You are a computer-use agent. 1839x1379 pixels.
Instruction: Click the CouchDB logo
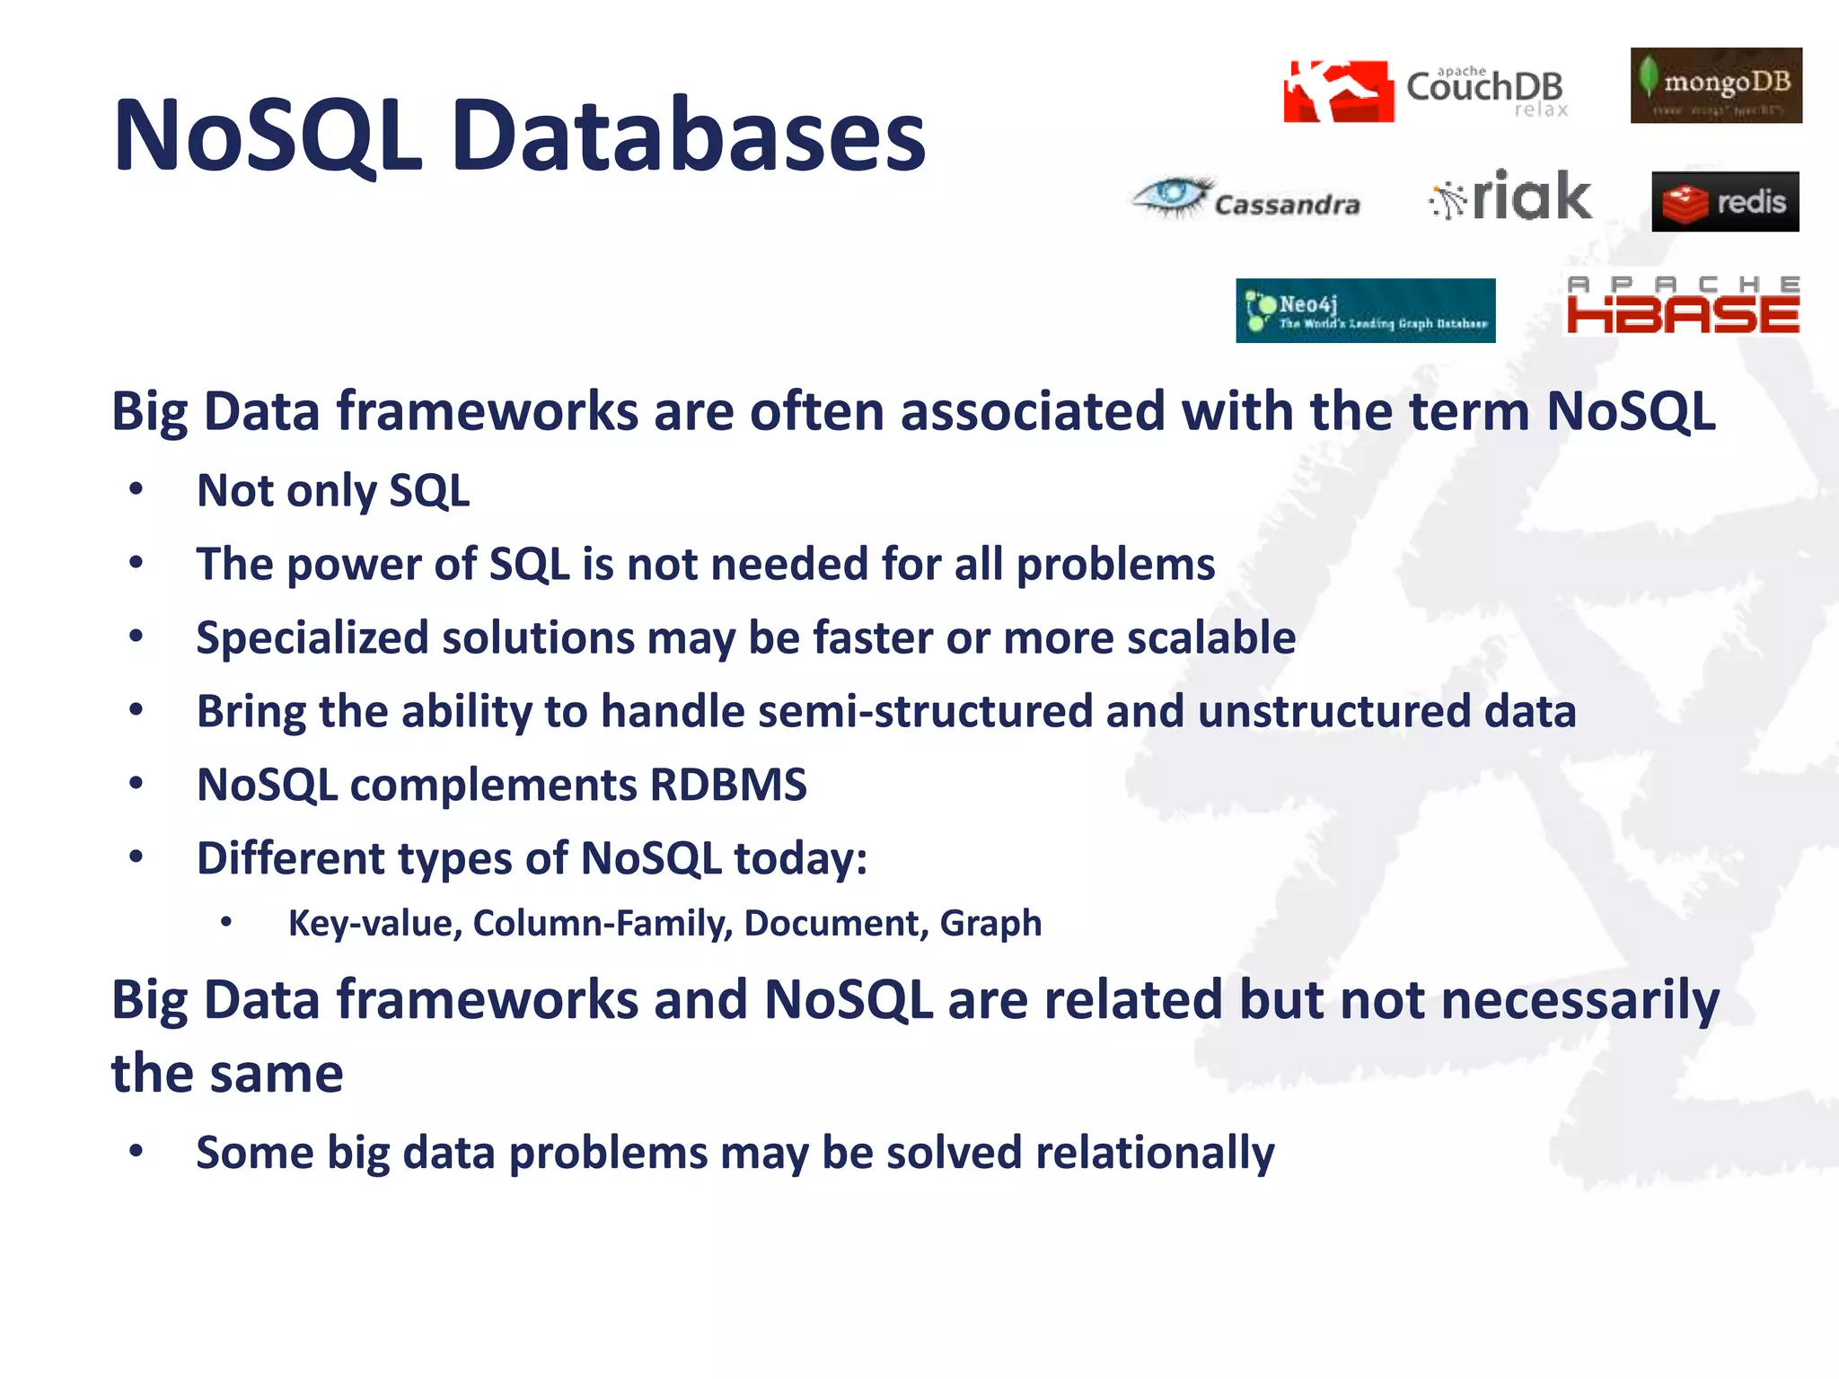coord(1426,90)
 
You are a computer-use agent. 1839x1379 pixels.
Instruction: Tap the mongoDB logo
coord(1715,85)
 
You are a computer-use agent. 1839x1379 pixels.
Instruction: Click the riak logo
coord(1511,196)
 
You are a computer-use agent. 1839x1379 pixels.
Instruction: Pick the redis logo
coord(1725,202)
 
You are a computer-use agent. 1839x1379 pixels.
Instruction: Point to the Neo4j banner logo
coord(1365,311)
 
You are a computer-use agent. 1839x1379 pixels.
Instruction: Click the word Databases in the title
coord(688,136)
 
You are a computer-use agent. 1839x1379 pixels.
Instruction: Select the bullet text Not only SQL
coord(333,491)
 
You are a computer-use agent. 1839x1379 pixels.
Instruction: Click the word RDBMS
coord(728,785)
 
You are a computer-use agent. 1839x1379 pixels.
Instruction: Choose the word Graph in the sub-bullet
coord(990,923)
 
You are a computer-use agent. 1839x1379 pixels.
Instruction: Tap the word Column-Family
coord(603,923)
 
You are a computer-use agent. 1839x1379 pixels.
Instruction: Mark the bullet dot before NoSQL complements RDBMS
coord(136,784)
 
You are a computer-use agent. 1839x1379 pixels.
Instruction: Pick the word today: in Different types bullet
coord(800,858)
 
